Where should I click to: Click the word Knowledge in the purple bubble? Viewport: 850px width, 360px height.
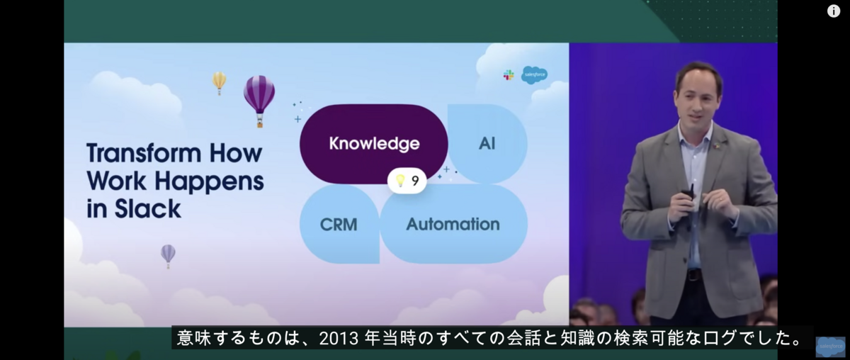pos(374,144)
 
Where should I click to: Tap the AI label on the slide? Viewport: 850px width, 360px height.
pos(487,144)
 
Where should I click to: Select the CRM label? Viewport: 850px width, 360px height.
pos(339,225)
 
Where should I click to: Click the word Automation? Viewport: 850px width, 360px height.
pos(453,224)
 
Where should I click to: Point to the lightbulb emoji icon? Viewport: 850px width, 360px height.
pos(400,181)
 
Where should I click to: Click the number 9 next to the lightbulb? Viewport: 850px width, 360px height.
pos(415,181)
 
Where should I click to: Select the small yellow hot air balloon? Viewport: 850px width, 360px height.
pos(219,83)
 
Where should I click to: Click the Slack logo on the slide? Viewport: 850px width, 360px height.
pos(509,75)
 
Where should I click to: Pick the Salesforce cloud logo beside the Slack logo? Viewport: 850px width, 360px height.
pos(534,75)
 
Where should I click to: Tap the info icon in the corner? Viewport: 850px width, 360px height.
pos(833,11)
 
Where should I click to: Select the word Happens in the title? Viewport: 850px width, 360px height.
pos(209,181)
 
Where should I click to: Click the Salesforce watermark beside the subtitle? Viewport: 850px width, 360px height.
pos(830,347)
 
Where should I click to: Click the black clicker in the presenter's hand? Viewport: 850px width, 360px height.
pos(688,193)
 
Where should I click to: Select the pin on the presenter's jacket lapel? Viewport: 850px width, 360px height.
pos(717,145)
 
